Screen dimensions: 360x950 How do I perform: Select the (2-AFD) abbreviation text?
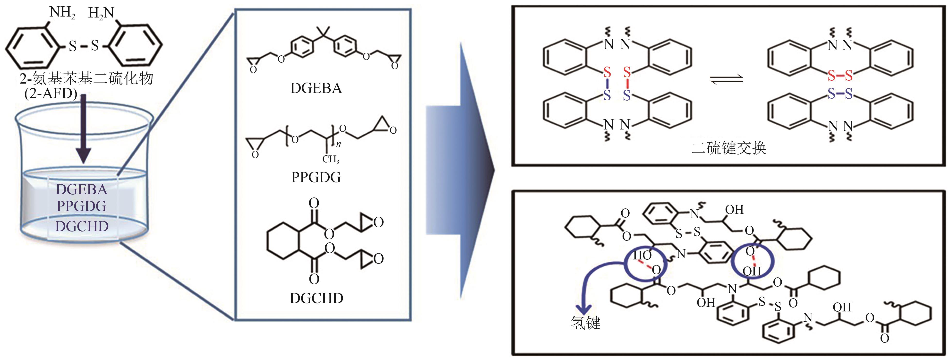coord(51,94)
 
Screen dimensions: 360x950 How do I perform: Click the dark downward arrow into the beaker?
coord(84,129)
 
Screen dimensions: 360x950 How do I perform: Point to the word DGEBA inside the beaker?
coord(82,189)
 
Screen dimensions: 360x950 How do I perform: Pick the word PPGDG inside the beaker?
coord(82,206)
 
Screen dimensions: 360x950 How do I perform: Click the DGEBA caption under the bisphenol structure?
coord(316,88)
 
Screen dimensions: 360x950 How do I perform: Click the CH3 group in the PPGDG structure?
coord(330,159)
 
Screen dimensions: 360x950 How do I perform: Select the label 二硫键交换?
coord(729,148)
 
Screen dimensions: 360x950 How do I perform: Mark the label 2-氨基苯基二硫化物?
coord(86,78)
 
